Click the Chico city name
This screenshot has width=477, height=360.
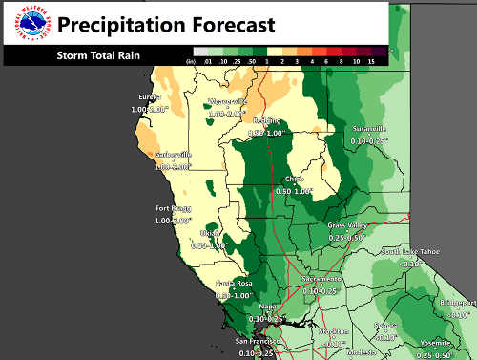tap(294, 180)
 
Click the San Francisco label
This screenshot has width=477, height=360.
tap(255, 342)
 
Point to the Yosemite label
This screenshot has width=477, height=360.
tap(445, 342)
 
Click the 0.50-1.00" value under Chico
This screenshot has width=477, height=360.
tap(294, 191)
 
